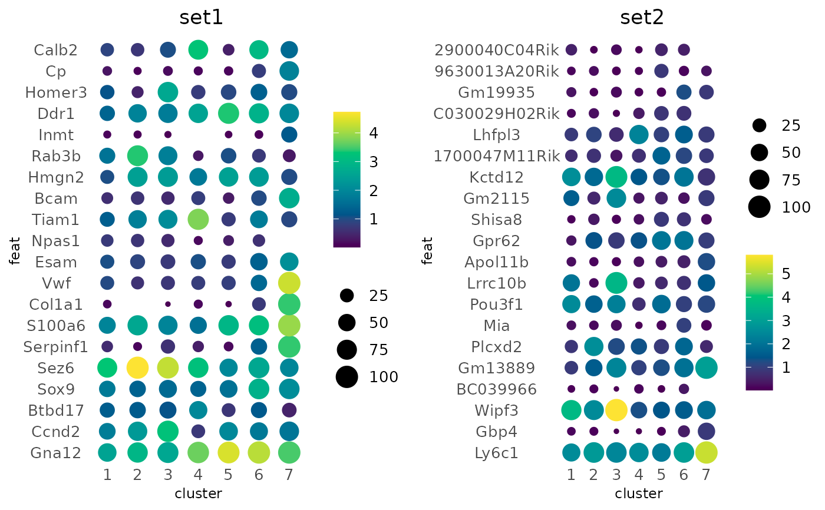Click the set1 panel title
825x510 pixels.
point(201,18)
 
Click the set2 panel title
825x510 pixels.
point(642,18)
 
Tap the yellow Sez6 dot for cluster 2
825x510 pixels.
point(137,368)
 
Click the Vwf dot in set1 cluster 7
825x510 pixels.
point(289,283)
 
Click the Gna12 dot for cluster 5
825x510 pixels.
point(228,453)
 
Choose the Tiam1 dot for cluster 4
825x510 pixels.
point(198,220)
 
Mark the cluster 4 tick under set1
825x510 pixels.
point(198,474)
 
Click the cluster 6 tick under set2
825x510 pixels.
point(684,474)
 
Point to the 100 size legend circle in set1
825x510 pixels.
point(347,377)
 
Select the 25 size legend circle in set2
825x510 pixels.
point(759,125)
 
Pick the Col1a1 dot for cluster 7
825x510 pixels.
point(289,304)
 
